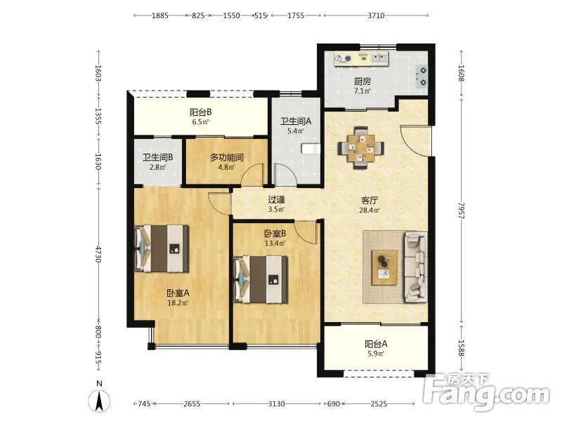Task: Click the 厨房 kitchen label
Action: (362, 81)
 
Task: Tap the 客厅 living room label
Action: (370, 200)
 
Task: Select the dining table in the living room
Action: (361, 147)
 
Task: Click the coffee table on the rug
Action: (384, 267)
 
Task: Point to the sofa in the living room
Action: (416, 267)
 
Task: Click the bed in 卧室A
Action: (162, 248)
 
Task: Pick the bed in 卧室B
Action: (261, 279)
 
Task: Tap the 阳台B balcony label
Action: (201, 112)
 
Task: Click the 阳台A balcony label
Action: (376, 344)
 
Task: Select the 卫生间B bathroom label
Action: (158, 157)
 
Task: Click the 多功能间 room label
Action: (226, 157)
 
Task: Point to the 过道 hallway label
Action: (276, 200)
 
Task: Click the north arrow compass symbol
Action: (99, 401)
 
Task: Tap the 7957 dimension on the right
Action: (462, 210)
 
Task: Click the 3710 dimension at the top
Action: (376, 15)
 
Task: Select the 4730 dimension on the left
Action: (98, 254)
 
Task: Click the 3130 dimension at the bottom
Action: (277, 404)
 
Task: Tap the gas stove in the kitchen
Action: (421, 76)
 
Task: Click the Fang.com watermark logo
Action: (485, 392)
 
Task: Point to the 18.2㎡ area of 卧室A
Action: (178, 303)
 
